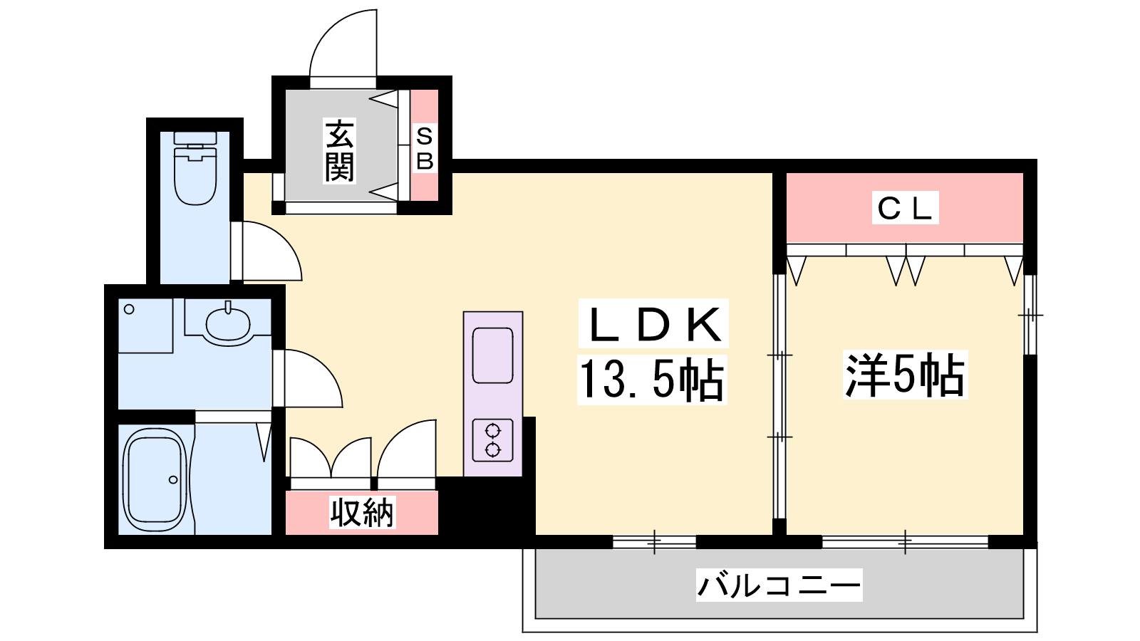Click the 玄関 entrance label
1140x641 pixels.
pos(339,150)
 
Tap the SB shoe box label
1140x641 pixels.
pos(425,149)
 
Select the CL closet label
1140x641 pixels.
pos(906,207)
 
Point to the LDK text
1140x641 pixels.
pos(655,324)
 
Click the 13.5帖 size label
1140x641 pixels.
pos(652,379)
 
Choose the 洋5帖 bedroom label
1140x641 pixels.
pos(905,375)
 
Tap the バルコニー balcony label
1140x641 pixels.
pos(779,585)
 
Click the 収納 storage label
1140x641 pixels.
pos(362,512)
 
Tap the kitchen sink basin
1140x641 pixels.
pos(492,355)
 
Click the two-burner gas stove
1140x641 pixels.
pos(492,440)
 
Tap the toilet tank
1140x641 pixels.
pos(195,138)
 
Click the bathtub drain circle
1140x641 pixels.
pos(173,480)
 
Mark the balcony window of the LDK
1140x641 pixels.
pos(654,542)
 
